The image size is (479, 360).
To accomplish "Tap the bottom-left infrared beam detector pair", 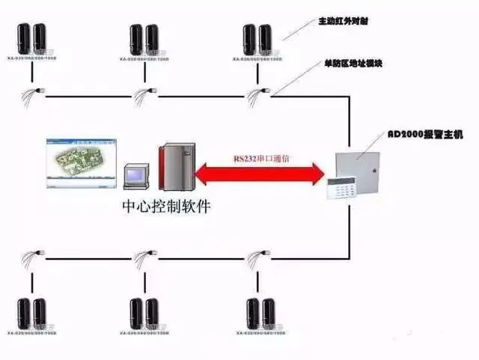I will pyautogui.click(x=31, y=314).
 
